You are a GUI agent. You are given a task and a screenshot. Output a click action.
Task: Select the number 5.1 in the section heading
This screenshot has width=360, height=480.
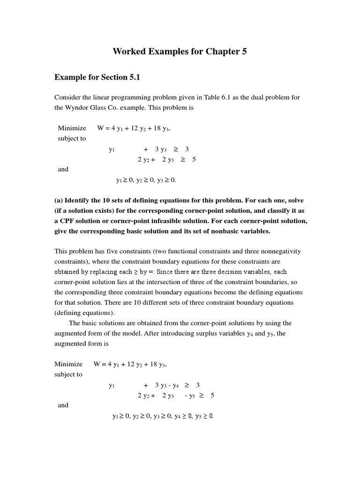click(x=132, y=77)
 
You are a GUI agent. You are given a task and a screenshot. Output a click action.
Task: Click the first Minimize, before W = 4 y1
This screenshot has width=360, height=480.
click(x=72, y=128)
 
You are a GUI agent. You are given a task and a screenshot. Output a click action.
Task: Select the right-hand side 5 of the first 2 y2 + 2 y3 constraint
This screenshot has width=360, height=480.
click(x=194, y=159)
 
